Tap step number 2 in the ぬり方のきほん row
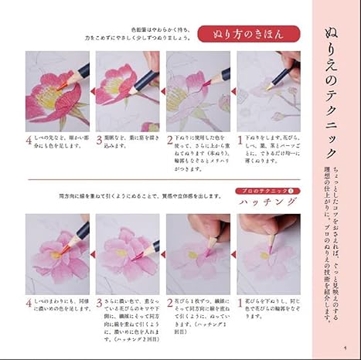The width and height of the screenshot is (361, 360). pos(170,141)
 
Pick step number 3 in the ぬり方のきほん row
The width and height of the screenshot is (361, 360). pos(100,141)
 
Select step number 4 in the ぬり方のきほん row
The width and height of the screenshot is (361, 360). pos(29,141)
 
